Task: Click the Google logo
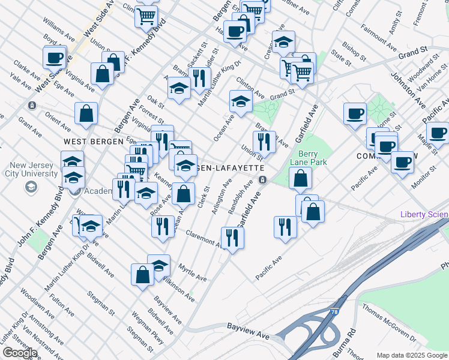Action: (20, 353)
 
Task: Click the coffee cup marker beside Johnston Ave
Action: (355, 113)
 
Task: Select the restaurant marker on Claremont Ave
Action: (231, 238)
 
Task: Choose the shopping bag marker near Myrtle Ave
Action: (142, 274)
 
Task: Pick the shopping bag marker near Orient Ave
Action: (86, 113)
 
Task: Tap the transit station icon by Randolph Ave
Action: (262, 179)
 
